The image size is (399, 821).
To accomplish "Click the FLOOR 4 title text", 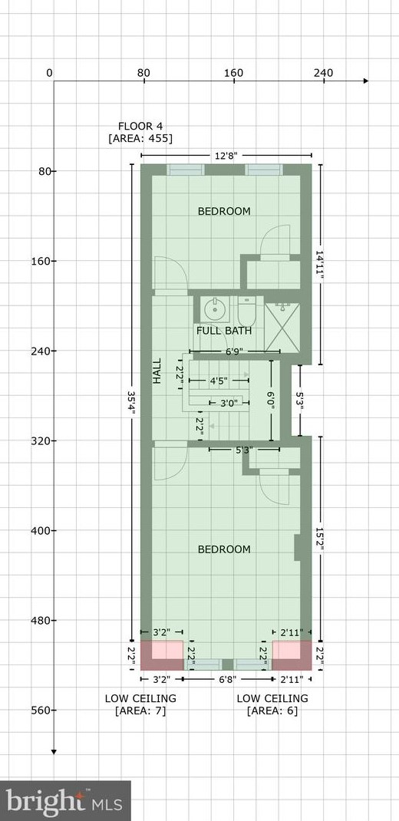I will click(140, 126).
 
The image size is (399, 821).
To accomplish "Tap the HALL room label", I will click(157, 371).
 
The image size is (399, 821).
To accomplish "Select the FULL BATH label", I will click(224, 331).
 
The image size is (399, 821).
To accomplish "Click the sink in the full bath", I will click(213, 310).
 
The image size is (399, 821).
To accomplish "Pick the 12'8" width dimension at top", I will click(226, 156).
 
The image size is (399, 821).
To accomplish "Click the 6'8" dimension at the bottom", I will click(228, 680).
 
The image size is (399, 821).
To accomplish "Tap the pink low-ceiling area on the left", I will click(167, 650).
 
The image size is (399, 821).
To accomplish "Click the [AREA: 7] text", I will click(140, 711).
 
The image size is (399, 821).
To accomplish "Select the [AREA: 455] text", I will click(140, 139).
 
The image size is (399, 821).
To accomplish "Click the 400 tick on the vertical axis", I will click(39, 531).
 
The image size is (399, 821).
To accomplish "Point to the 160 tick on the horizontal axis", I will click(233, 73).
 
